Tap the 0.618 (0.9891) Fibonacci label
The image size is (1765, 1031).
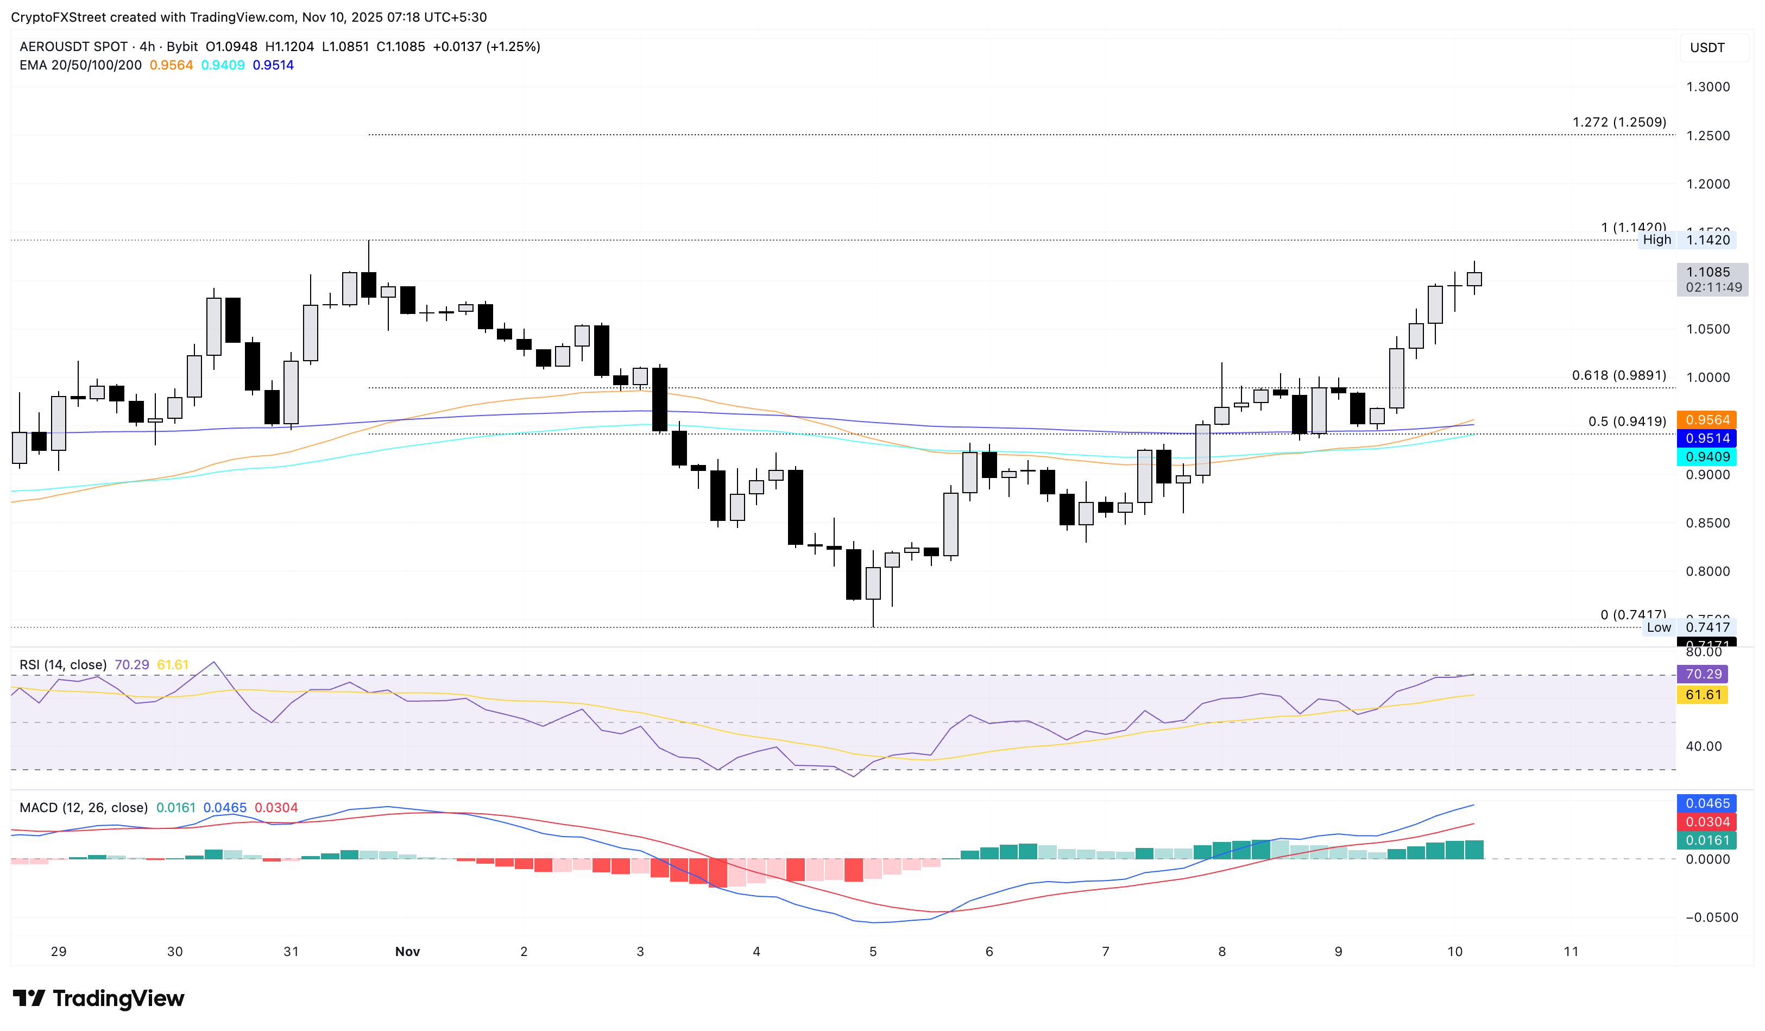pyautogui.click(x=1618, y=375)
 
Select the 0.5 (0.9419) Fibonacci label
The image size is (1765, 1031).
pyautogui.click(x=1627, y=422)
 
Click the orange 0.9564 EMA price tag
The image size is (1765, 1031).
pyautogui.click(x=1707, y=419)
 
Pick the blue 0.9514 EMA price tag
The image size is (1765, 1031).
pyautogui.click(x=1707, y=438)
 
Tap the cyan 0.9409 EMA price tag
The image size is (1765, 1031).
pyautogui.click(x=1707, y=457)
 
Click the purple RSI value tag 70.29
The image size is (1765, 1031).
pyautogui.click(x=1703, y=674)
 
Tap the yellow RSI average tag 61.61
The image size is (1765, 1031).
pyautogui.click(x=1703, y=695)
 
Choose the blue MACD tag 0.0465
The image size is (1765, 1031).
pyautogui.click(x=1707, y=803)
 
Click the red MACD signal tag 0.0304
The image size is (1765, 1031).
pyautogui.click(x=1707, y=821)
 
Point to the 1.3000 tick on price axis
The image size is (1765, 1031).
pyautogui.click(x=1707, y=87)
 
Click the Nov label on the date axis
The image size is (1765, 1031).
pyautogui.click(x=408, y=951)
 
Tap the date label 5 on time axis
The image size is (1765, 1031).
pyautogui.click(x=873, y=951)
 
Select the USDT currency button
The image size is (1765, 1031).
pyautogui.click(x=1707, y=48)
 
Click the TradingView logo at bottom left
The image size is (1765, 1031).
pyautogui.click(x=98, y=998)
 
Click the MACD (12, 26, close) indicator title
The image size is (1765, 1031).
pyautogui.click(x=83, y=808)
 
